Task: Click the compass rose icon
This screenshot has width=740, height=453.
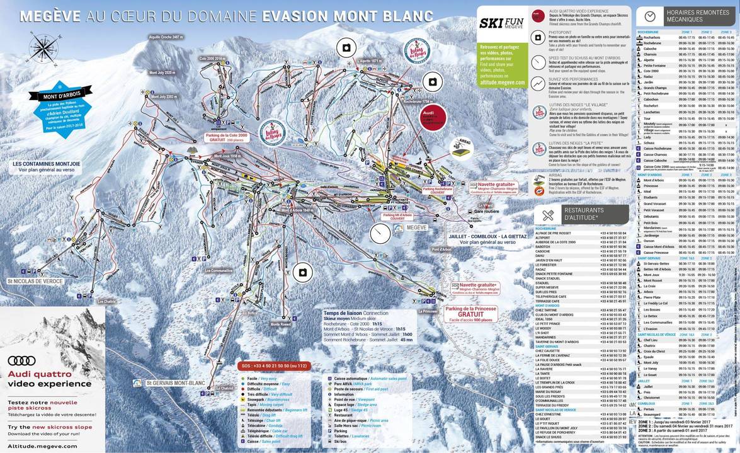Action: [42, 49]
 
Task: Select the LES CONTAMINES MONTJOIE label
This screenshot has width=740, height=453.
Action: [46, 163]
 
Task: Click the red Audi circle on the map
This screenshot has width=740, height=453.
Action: [433, 117]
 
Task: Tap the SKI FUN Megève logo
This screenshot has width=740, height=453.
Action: [501, 24]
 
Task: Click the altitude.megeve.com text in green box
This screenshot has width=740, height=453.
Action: [501, 82]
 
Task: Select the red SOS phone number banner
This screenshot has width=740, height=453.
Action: [274, 365]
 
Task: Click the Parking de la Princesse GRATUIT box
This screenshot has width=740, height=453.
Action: [470, 313]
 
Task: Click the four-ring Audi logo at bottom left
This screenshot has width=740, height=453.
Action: [21, 361]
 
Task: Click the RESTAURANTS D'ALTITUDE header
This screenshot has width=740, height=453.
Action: [582, 214]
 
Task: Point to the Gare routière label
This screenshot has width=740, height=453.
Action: [486, 211]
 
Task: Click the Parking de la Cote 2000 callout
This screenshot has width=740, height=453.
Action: [225, 137]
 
